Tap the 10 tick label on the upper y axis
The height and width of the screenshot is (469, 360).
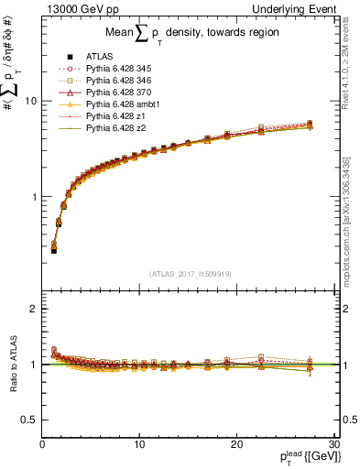pos(29,101)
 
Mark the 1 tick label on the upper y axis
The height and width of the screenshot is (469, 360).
pos(33,197)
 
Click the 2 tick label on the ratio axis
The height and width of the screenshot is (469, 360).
pos(33,309)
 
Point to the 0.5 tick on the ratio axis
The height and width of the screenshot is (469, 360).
pos(29,420)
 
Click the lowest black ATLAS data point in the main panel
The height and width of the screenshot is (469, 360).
pos(54,250)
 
